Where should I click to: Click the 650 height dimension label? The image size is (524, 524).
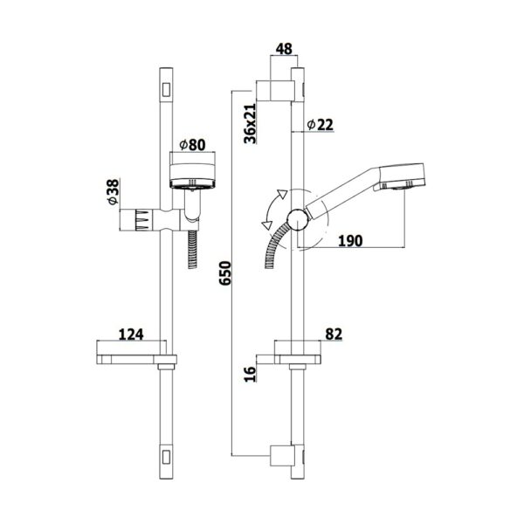pyautogui.click(x=225, y=273)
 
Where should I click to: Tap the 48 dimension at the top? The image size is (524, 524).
pyautogui.click(x=284, y=49)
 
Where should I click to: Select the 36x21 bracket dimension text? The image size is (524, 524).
pyautogui.click(x=250, y=123)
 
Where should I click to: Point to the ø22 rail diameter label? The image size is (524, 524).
pyautogui.click(x=320, y=125)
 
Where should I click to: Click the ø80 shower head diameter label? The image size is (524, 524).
pyautogui.click(x=192, y=145)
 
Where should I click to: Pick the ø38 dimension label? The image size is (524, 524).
pyautogui.click(x=114, y=191)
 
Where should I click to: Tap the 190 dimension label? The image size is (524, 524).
pyautogui.click(x=350, y=241)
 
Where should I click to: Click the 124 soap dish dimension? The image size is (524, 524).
pyautogui.click(x=131, y=334)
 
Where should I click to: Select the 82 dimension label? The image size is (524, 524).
pyautogui.click(x=334, y=334)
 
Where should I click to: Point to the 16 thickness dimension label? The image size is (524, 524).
pyautogui.click(x=250, y=375)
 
